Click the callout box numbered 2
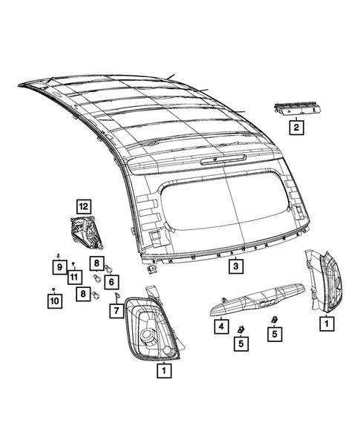point(296,128)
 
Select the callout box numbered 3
point(234,266)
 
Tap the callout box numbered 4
point(220,326)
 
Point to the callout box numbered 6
point(111,281)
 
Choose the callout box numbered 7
point(116,311)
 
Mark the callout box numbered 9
point(58,266)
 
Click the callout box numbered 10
point(53,301)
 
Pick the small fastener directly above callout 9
point(58,255)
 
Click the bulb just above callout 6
point(109,268)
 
